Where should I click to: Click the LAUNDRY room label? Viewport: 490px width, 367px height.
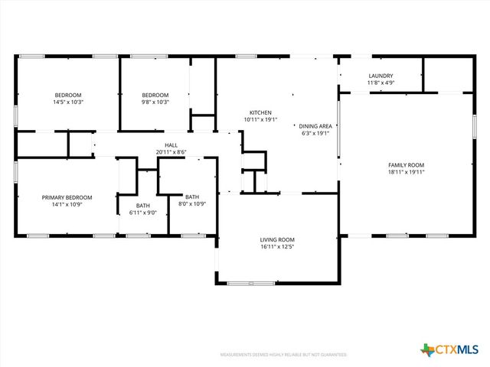point(381,76)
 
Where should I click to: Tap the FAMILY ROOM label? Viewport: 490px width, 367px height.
point(406,165)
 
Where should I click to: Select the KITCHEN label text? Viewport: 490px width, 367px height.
point(260,112)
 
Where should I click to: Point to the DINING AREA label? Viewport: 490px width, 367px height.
point(315,125)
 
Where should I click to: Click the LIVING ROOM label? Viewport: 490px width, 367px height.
point(276,240)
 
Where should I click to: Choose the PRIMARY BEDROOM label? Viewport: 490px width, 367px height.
point(67,197)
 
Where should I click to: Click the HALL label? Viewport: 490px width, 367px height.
point(171,145)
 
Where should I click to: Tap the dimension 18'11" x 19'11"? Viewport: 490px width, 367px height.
point(406,172)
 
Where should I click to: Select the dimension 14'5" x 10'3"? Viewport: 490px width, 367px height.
point(67,102)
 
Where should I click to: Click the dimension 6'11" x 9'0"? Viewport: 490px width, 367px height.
point(143,213)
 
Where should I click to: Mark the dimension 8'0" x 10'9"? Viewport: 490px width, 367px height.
point(191,204)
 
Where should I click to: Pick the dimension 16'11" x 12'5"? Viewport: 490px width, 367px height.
point(276,247)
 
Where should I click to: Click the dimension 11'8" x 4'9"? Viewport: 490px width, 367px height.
point(381,83)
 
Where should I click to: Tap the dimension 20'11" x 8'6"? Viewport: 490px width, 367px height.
point(171,151)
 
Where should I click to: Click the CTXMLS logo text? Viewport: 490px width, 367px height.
point(459,349)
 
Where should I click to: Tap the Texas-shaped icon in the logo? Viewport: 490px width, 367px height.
point(427,349)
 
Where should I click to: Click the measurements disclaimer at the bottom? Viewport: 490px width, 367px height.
point(283,355)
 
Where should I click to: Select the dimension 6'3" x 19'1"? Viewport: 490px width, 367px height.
point(315,132)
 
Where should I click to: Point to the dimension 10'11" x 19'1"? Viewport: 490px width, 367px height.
point(260,119)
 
